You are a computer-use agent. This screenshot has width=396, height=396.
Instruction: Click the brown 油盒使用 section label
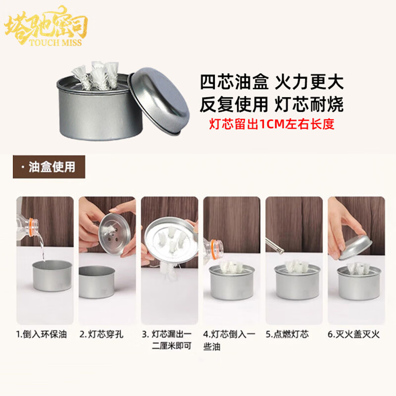pyautogui.click(x=49, y=167)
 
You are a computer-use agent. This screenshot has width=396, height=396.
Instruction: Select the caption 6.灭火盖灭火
pyautogui.click(x=353, y=334)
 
